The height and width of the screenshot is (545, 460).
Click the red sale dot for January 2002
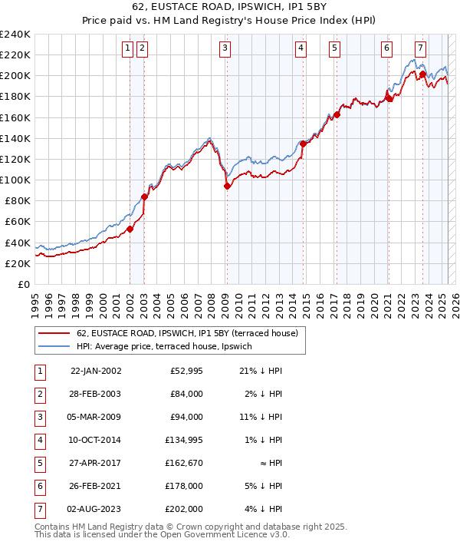pos(130,229)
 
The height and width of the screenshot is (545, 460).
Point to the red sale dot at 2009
pos(227,186)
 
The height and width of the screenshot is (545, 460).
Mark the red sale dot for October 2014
pos(303,144)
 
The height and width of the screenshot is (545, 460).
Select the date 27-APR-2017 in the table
pos(96,463)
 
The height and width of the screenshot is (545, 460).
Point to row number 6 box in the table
pos(38,486)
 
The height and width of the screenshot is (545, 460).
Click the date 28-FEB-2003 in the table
pos(96,394)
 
